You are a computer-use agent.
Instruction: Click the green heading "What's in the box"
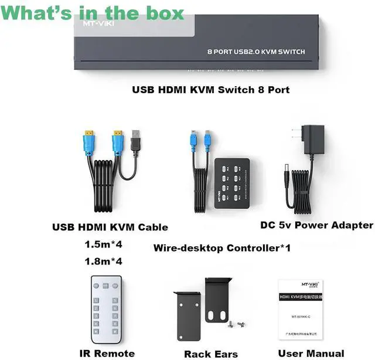(93, 13)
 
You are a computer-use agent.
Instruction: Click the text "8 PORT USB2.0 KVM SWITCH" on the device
(256, 52)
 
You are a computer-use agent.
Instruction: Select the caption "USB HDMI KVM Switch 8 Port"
(210, 90)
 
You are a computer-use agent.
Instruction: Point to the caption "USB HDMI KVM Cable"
(110, 227)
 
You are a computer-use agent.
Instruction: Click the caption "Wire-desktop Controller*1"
(222, 248)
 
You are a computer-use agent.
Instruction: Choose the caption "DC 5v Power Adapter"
(316, 225)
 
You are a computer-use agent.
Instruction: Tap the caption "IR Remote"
(107, 354)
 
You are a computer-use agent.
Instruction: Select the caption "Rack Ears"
(211, 354)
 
